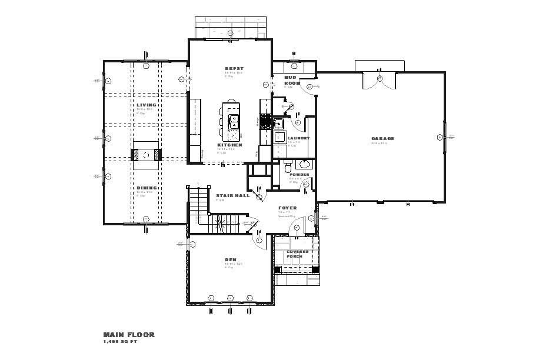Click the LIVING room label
(147, 105)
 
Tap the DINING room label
(147, 188)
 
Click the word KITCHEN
(229, 145)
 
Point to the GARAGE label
(382, 139)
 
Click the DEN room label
(230, 259)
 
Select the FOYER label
(288, 208)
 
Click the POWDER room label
(299, 175)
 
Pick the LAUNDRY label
(298, 138)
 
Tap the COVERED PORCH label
(298, 254)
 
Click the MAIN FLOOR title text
(129, 335)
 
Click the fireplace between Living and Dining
(145, 155)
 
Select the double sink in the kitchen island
(234, 122)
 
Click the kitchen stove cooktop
(265, 123)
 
